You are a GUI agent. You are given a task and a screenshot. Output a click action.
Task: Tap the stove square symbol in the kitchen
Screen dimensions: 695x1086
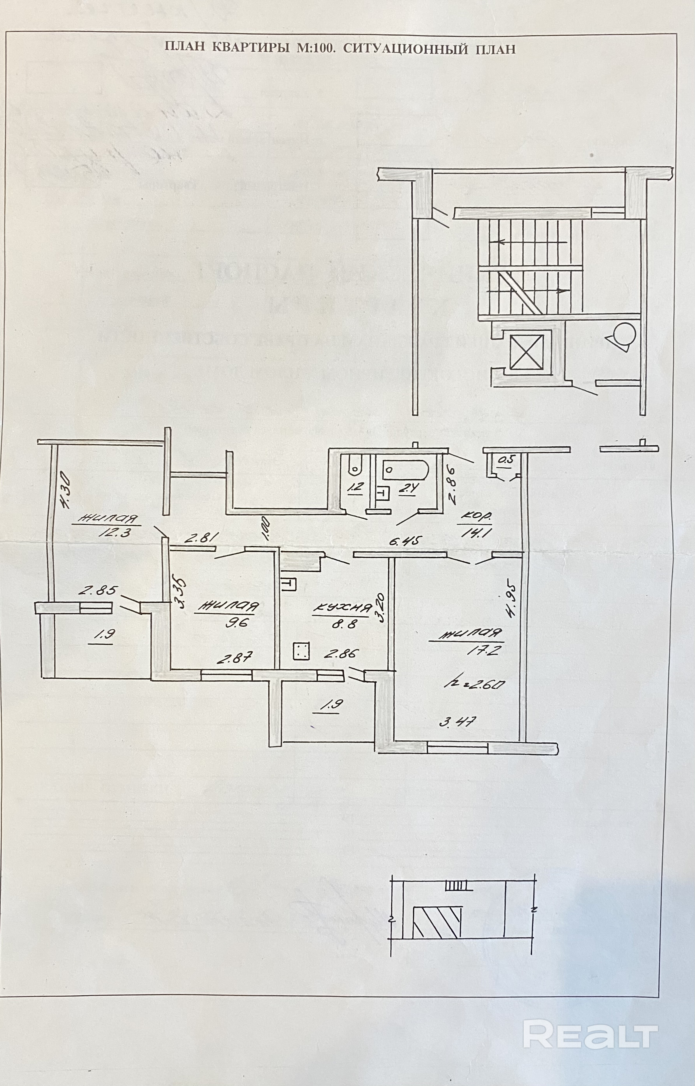tap(301, 651)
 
